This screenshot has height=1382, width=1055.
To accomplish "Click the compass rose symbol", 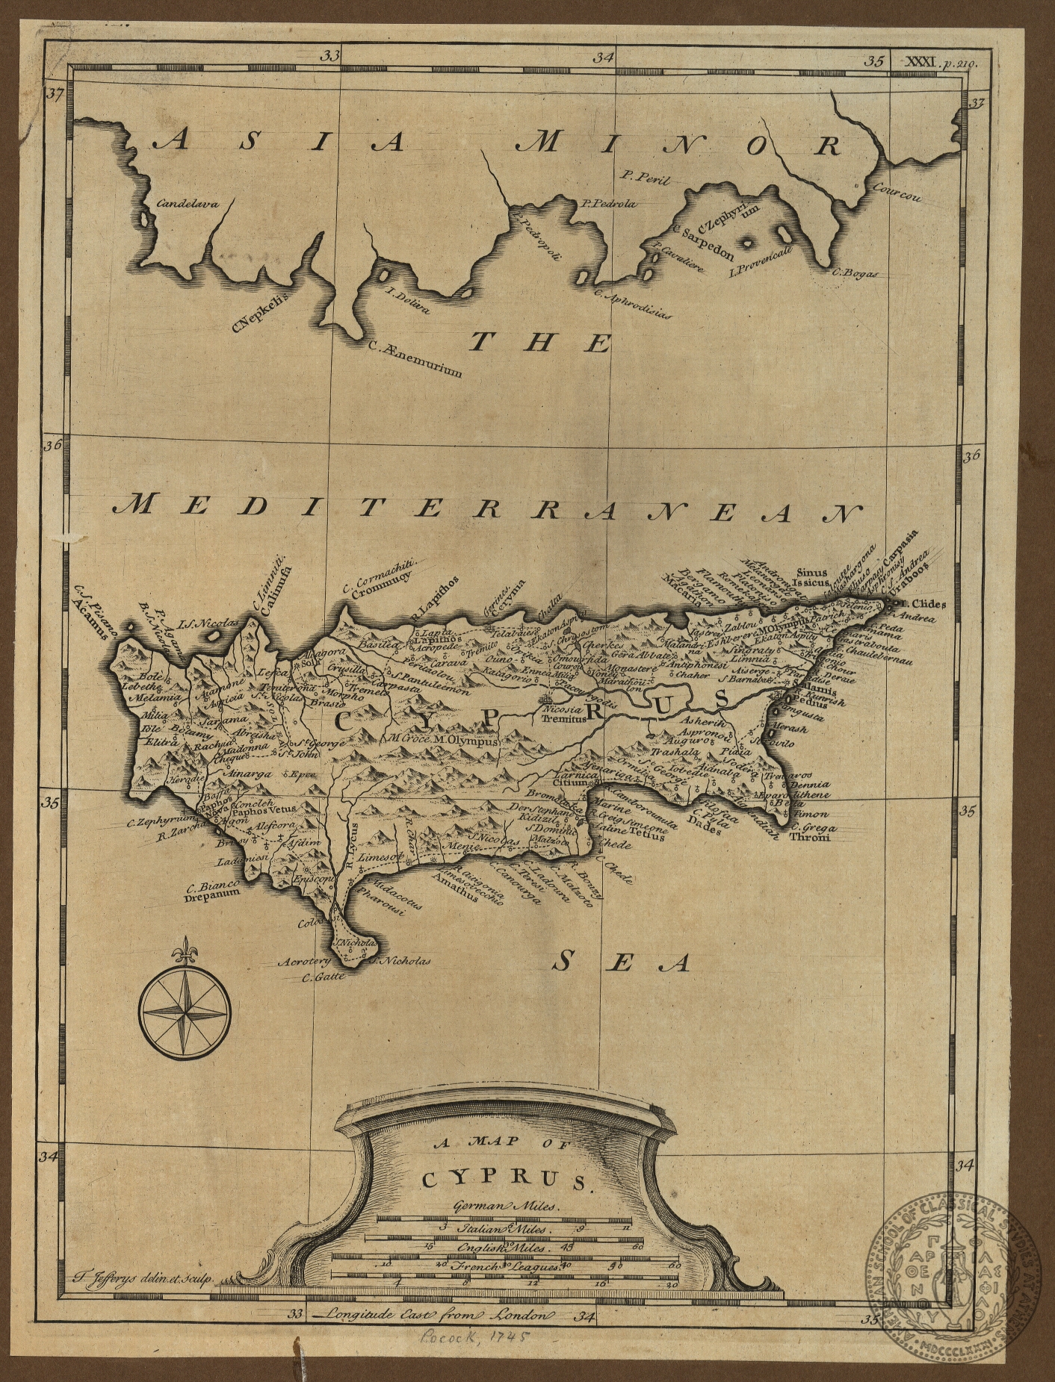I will click(185, 1012).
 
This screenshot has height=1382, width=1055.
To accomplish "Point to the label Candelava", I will click(188, 202).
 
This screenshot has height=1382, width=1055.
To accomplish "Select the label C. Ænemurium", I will click(416, 359).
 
